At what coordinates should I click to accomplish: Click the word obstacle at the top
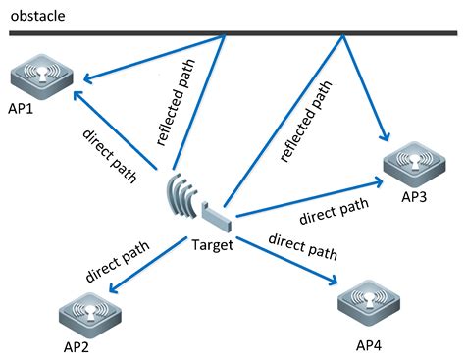[x=38, y=13]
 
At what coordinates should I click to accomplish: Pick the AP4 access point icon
[x=371, y=305]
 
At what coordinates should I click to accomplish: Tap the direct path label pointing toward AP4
[x=303, y=246]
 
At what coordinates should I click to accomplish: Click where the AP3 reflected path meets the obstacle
[x=342, y=36]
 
